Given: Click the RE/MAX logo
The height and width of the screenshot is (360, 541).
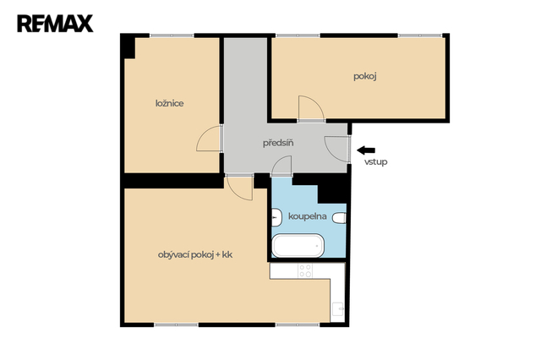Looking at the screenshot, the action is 55,24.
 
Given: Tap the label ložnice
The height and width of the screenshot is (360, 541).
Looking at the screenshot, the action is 169,103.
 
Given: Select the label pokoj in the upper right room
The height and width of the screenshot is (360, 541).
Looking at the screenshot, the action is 364,76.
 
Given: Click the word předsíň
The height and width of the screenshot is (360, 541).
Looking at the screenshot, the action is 278,143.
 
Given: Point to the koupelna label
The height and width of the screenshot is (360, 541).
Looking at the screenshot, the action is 308,216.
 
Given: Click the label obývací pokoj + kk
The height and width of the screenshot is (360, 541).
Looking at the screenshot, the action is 195,255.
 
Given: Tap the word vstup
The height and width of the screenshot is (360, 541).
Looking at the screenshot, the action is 375,161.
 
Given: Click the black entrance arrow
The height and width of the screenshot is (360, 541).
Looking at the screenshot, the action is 366,150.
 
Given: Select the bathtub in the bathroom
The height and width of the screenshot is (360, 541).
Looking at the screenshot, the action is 298,246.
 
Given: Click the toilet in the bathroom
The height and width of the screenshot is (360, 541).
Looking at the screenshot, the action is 339,218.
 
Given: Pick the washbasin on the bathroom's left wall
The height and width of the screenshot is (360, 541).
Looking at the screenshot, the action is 276,217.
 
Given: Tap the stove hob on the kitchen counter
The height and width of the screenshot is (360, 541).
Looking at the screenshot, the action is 305,270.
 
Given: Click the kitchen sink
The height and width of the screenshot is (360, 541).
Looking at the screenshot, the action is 337,309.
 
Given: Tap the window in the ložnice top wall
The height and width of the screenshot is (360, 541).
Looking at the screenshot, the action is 172,35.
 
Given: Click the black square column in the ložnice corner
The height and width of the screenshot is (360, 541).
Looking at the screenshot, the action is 128,46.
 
